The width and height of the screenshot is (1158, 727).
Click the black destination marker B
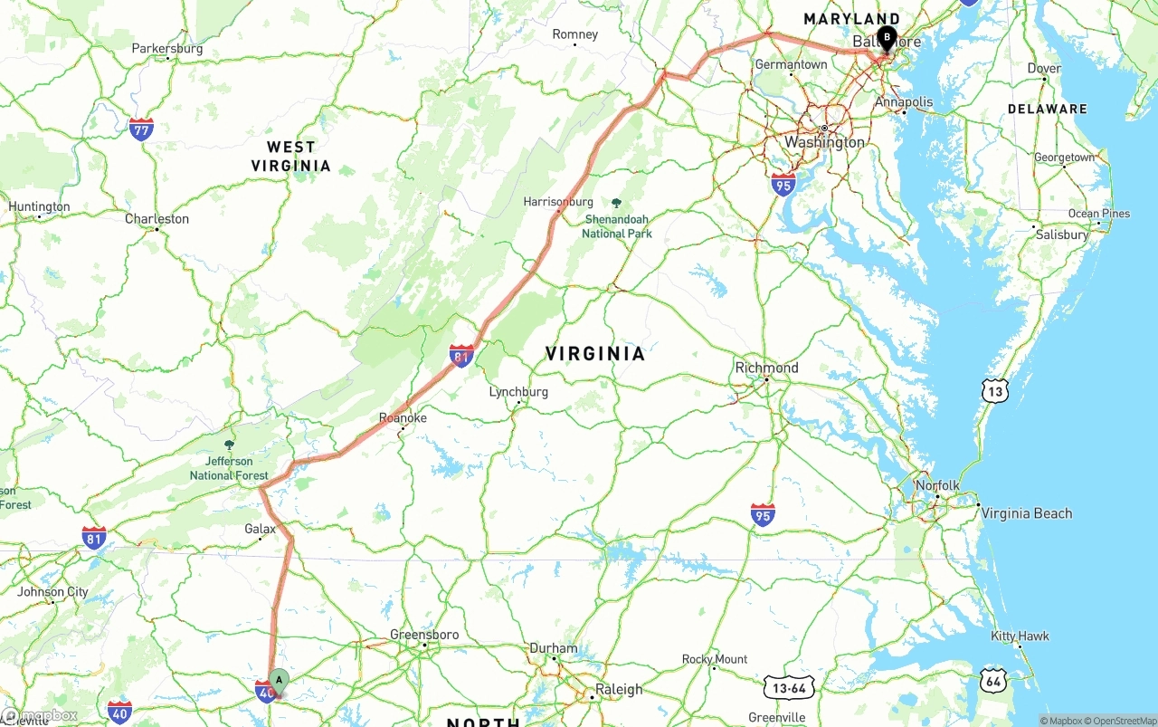pos(887,39)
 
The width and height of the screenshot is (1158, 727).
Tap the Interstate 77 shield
pos(140,128)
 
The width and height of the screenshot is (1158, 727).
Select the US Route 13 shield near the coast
pos(994,391)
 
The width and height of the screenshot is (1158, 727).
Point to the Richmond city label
pos(766,368)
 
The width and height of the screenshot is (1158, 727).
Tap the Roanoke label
pos(403,418)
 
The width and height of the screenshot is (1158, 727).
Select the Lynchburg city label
pos(518,392)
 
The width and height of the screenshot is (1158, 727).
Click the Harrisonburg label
pos(558,202)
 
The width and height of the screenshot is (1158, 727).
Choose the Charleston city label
pos(157,219)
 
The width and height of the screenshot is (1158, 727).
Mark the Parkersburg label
pos(167,49)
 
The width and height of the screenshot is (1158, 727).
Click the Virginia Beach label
pos(1027,513)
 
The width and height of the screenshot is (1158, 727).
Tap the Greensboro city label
pos(423,635)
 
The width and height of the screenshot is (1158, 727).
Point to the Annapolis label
pos(903,102)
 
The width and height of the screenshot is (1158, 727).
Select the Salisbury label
pos(1062,234)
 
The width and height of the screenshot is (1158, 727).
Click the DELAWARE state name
pos(1048,109)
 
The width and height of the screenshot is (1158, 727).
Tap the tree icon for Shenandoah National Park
pos(617,204)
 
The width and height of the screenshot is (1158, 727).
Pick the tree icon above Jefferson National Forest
pos(229,445)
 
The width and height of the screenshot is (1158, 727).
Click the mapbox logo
pos(40,715)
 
